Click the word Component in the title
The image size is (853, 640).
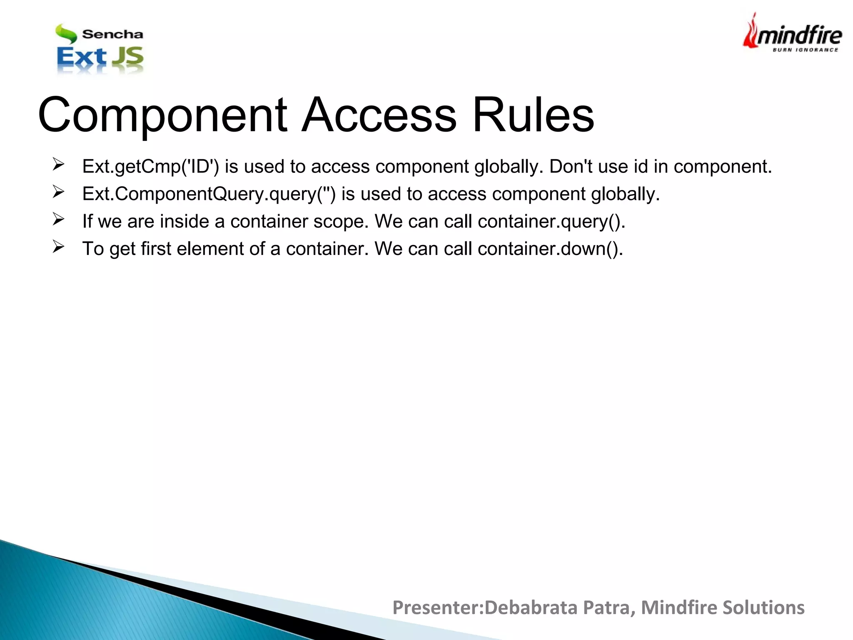pyautogui.click(x=162, y=115)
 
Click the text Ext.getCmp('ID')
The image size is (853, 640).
pyautogui.click(x=150, y=167)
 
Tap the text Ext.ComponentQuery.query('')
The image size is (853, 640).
pyautogui.click(x=209, y=194)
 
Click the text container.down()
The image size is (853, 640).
pyautogui.click(x=550, y=249)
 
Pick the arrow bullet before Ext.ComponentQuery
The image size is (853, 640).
pyautogui.click(x=58, y=192)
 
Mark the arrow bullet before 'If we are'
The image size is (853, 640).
pyautogui.click(x=58, y=219)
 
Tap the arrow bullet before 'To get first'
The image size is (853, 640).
pyautogui.click(x=58, y=247)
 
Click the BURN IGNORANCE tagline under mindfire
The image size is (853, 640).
pyautogui.click(x=805, y=50)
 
